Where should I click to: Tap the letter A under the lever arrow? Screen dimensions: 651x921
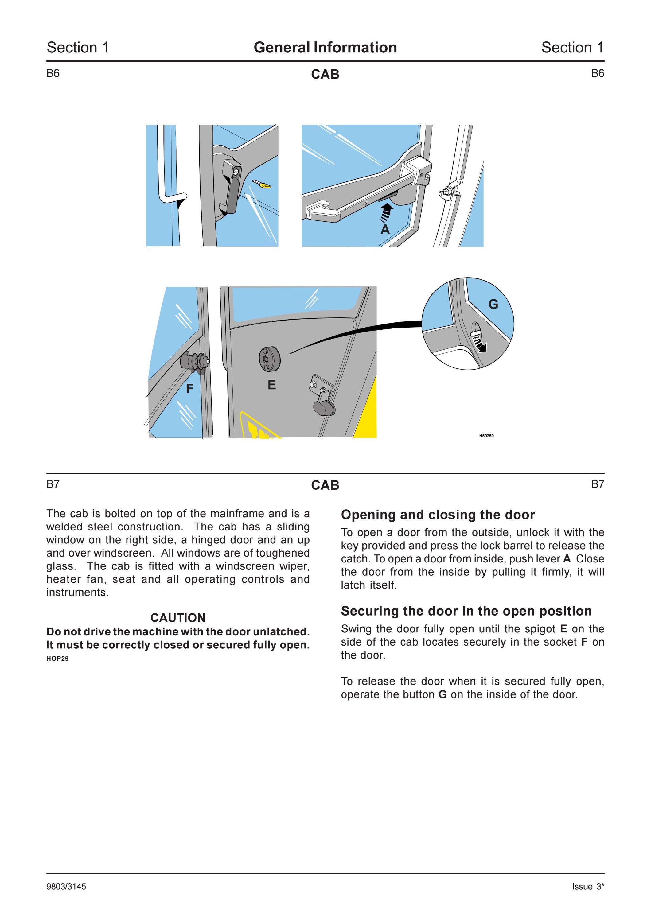385,229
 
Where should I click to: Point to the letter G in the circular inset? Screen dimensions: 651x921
493,305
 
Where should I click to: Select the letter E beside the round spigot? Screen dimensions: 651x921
271,385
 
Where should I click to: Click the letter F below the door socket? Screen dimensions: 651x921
190,389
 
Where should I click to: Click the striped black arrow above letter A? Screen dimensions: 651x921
386,213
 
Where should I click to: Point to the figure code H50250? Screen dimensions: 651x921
486,436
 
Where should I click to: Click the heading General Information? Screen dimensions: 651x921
325,47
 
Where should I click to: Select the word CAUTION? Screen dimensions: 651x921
178,618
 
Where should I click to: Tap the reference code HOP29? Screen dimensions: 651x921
57,659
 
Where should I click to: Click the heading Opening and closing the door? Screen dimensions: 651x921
438,515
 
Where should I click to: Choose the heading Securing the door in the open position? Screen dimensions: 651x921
466,611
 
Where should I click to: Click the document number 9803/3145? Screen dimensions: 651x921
66,887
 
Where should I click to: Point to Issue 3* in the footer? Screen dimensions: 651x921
588,887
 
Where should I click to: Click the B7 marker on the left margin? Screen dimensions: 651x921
53,484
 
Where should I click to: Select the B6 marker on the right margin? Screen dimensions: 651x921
598,73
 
